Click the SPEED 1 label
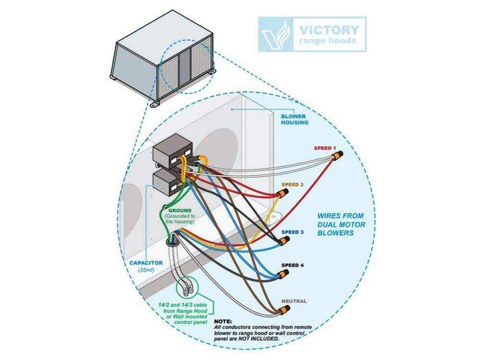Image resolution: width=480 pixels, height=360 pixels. pos(325,148)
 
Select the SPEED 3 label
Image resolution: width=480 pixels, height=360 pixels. pos(293,232)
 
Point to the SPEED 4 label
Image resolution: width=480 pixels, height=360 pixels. pos(293,265)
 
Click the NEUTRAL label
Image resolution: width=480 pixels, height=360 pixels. pos(294,301)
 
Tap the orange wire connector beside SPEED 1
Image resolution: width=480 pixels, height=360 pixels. pos(337,158)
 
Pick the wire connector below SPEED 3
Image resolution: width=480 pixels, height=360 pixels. pos(283,241)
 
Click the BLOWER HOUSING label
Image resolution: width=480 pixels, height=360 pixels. pos(295,118)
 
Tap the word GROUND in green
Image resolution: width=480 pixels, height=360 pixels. pos(179,212)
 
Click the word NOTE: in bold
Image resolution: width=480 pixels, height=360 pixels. pos(223,320)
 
